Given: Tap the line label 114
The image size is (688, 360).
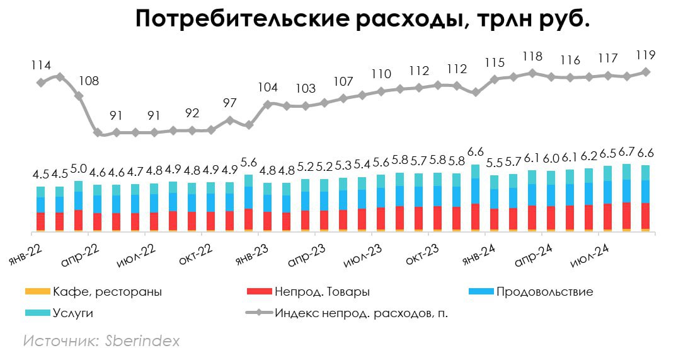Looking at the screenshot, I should tap(41, 65).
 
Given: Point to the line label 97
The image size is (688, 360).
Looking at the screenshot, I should tap(229, 103).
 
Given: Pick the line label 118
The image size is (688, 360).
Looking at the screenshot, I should tap(532, 57).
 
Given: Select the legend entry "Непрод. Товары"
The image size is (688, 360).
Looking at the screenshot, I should tap(321, 292).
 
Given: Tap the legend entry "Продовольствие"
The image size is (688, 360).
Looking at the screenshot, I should tap(544, 292).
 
